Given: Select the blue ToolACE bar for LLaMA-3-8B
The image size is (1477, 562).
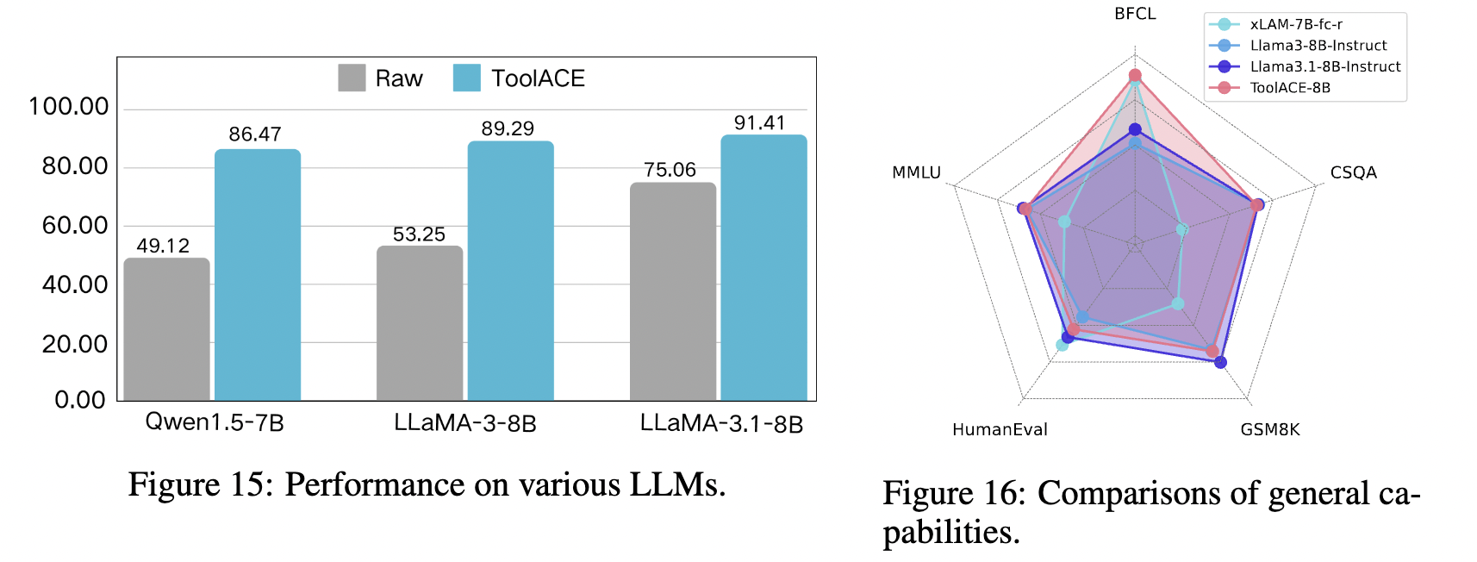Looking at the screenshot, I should click(x=510, y=271).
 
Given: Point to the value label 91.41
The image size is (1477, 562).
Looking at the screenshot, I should click(x=759, y=122).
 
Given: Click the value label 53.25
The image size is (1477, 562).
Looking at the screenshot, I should click(x=419, y=234).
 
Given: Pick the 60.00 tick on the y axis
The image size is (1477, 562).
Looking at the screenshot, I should click(x=75, y=226).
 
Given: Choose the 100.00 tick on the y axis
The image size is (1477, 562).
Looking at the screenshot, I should click(x=69, y=107).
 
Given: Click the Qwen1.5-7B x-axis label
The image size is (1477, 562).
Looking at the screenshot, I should click(x=214, y=422).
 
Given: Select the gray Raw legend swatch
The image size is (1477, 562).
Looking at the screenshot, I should click(x=352, y=78).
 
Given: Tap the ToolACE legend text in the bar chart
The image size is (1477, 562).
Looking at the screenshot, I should click(x=538, y=78).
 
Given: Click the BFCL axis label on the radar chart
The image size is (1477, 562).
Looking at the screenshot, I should click(x=1135, y=14).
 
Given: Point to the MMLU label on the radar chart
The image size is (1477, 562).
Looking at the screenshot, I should click(x=916, y=172).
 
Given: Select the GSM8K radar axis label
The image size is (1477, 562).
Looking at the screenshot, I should click(x=1269, y=429).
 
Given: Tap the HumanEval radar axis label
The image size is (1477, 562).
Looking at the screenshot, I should click(x=1000, y=429).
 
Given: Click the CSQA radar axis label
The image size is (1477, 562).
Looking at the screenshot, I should click(x=1353, y=172).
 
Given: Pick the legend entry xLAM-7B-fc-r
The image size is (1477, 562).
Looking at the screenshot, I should click(x=1295, y=24).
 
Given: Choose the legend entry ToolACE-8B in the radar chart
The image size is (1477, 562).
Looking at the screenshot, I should click(x=1289, y=88).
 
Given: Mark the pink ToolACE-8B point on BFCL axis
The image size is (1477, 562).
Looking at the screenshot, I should click(x=1135, y=76).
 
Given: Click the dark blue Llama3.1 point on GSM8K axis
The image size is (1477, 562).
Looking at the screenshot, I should click(x=1220, y=362).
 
